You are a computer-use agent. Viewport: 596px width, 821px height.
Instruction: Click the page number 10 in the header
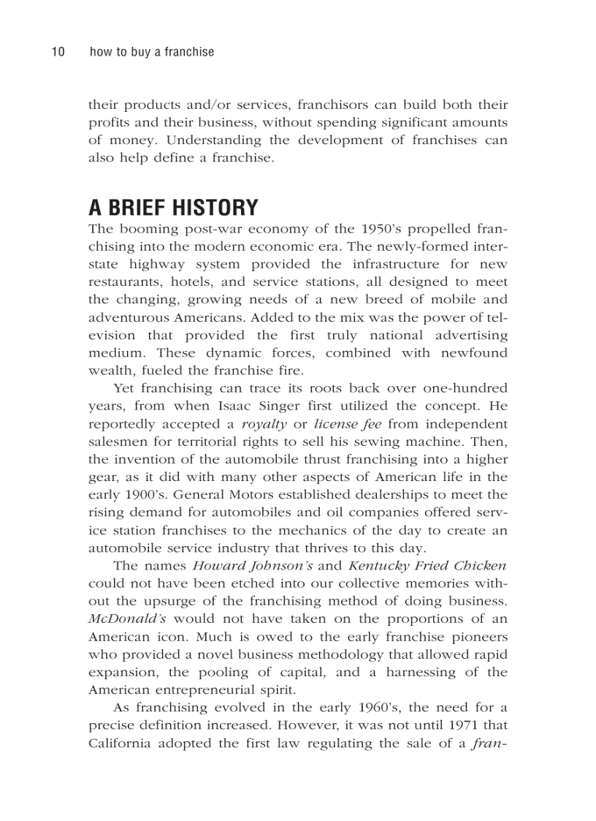(x=58, y=52)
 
